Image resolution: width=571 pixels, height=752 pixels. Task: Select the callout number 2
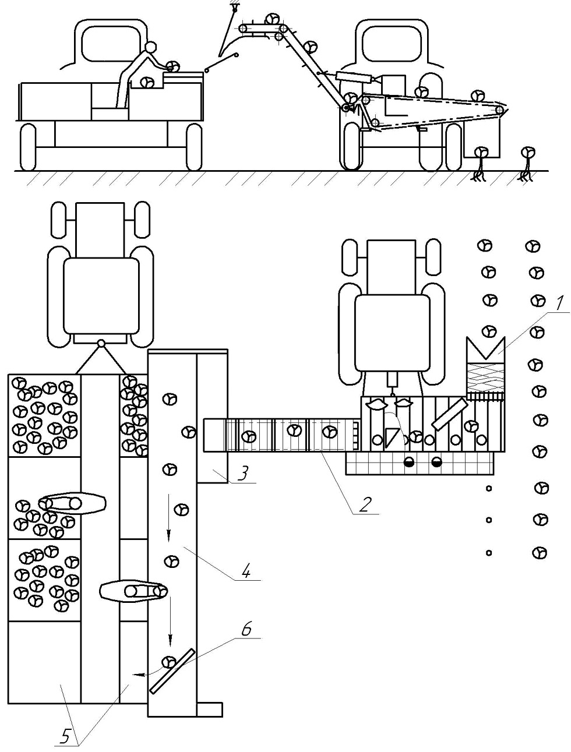coord(365,504)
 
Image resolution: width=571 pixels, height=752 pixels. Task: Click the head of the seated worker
coord(150,47)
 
